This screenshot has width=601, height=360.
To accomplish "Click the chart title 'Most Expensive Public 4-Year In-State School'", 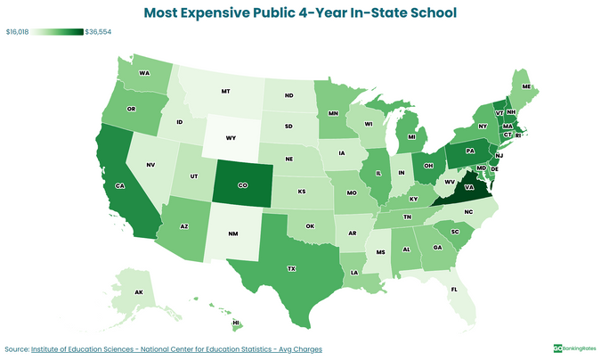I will tap(300, 12).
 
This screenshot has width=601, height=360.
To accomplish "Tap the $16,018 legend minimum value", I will tap(17, 32).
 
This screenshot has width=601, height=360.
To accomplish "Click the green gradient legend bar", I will tap(57, 32).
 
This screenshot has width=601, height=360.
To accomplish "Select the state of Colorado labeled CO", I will tap(241, 187).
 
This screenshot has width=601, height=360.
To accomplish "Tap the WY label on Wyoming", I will tap(231, 138).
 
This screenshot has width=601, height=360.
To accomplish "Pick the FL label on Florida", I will tap(453, 290).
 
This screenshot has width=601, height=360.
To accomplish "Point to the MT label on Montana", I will tap(225, 91).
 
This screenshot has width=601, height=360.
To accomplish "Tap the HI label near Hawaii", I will tap(237, 323).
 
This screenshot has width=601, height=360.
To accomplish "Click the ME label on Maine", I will tap(526, 86).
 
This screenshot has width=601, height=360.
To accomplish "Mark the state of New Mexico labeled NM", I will tap(234, 235).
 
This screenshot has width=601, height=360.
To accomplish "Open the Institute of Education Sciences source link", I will tap(176, 348).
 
